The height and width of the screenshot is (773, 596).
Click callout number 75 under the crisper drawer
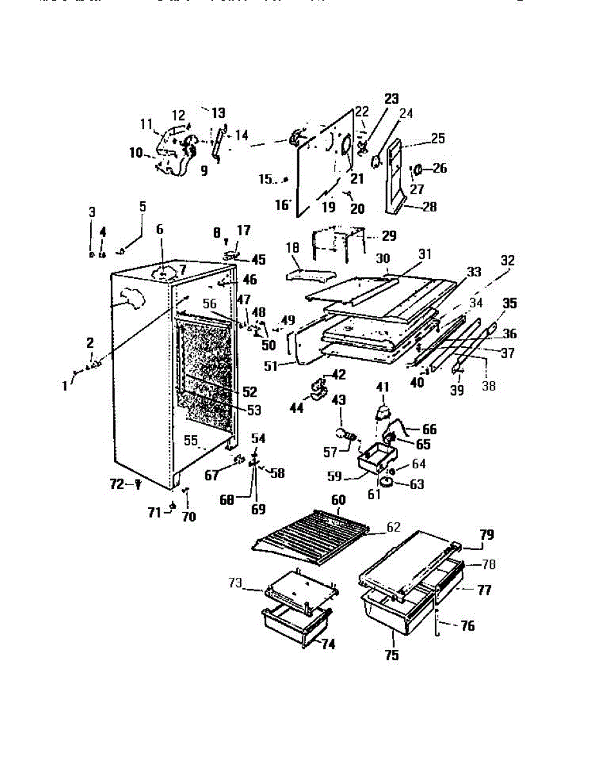pyautogui.click(x=392, y=656)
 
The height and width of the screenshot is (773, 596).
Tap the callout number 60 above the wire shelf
pyautogui.click(x=337, y=501)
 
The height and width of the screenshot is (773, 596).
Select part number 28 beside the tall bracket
pyautogui.click(x=429, y=207)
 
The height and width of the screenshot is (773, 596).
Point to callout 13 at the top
pyautogui.click(x=218, y=112)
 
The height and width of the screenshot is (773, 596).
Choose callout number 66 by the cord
pyautogui.click(x=429, y=429)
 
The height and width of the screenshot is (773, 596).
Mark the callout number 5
pyautogui.click(x=143, y=207)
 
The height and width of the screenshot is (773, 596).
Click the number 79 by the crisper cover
pyautogui.click(x=487, y=534)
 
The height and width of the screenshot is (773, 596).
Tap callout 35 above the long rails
pyautogui.click(x=510, y=303)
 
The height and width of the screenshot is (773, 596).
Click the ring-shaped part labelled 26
pyautogui.click(x=417, y=169)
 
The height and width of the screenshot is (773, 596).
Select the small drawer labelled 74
pyautogui.click(x=296, y=622)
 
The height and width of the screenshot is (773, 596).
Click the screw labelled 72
pyautogui.click(x=138, y=485)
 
